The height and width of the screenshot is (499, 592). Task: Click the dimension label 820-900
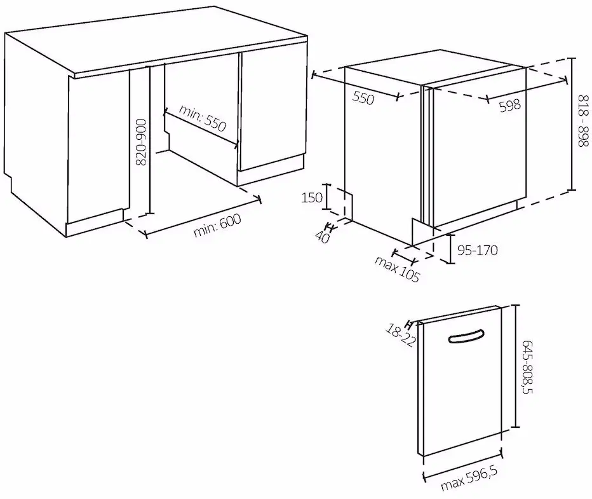[x=141, y=143]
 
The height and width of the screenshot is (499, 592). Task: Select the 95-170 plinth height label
[x=477, y=250]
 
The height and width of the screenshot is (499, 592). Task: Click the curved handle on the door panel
[x=468, y=338]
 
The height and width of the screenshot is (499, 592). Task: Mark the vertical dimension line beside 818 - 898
[x=572, y=123]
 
